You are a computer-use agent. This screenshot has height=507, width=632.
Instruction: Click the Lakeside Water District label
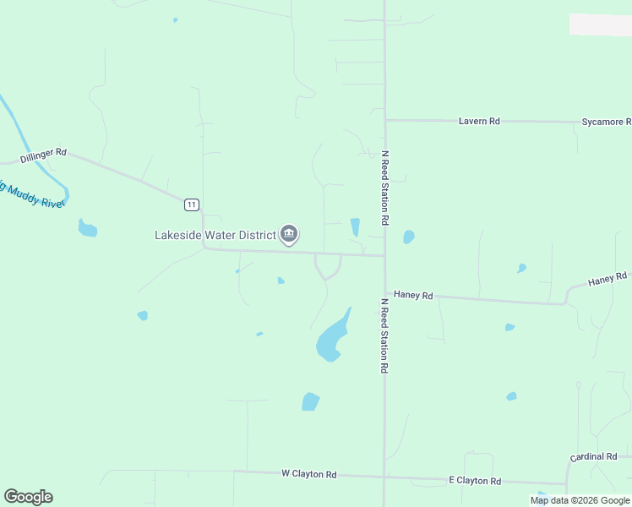tap(215, 234)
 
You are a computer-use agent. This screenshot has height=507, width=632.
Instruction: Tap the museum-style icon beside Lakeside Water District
tap(289, 234)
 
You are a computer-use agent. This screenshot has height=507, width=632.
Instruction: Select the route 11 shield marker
tap(193, 204)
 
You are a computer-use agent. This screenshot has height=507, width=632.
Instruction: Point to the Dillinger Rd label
tap(43, 155)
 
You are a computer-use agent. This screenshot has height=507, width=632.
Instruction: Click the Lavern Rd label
tap(479, 121)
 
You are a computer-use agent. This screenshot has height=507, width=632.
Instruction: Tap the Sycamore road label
tap(606, 122)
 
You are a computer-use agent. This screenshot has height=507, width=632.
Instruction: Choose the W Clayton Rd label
tap(308, 474)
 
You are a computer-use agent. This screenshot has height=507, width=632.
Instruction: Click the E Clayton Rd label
tap(474, 480)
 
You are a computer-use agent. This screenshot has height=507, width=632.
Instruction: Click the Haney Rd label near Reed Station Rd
tap(413, 296)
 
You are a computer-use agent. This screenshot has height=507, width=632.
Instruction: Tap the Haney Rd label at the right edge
tap(607, 278)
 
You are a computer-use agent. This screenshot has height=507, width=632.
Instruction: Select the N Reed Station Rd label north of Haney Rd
tap(384, 188)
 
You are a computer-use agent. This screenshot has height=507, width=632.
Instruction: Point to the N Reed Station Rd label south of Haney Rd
tap(384, 335)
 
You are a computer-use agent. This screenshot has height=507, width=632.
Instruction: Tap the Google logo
tap(28, 497)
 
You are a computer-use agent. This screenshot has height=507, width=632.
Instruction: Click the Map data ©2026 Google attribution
tap(580, 500)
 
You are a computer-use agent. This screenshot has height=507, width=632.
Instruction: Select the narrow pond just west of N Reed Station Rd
tap(355, 227)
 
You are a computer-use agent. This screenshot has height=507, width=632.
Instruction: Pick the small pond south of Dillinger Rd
tap(87, 228)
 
